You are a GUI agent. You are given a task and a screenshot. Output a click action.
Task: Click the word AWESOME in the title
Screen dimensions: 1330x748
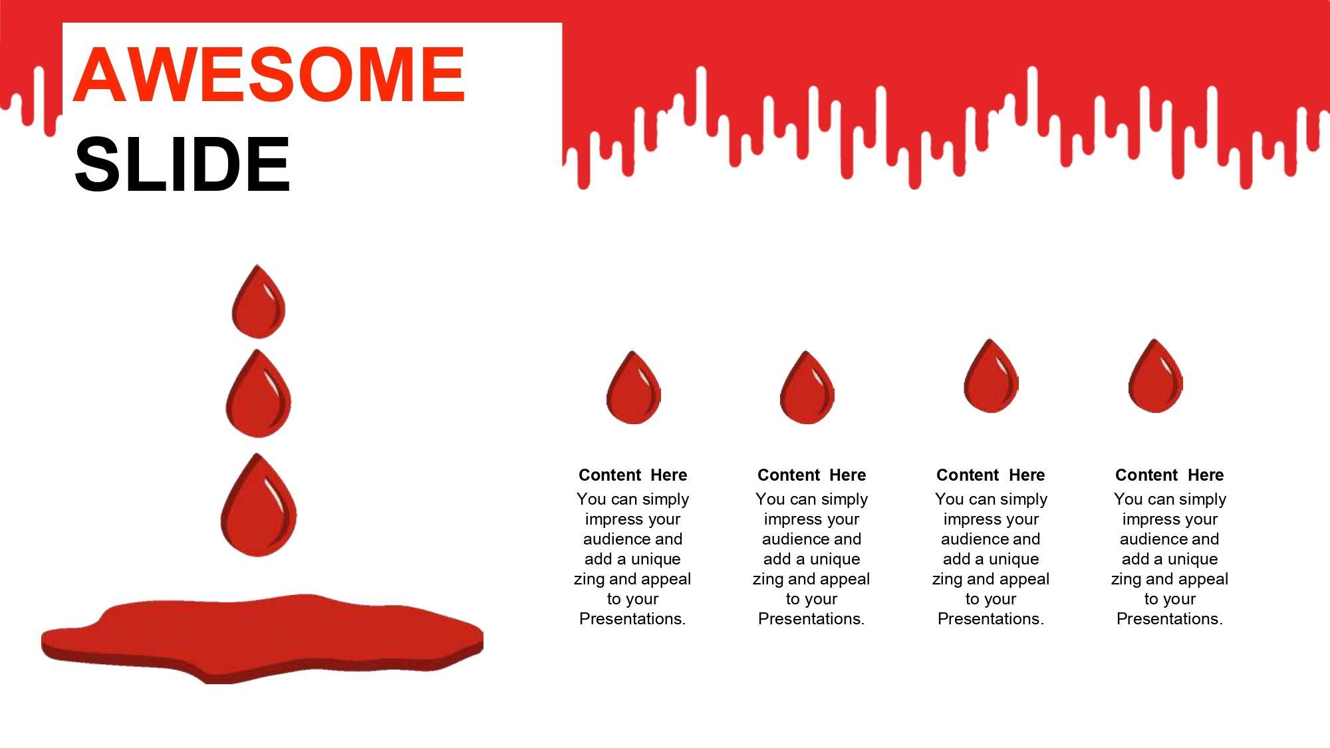pyautogui.click(x=269, y=74)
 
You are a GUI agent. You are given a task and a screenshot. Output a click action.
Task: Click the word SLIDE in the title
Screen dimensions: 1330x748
pyautogui.click(x=182, y=164)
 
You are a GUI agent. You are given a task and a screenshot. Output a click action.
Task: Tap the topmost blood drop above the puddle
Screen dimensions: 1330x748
pyautogui.click(x=259, y=301)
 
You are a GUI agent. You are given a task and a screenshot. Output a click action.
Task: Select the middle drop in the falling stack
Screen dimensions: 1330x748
pyautogui.click(x=259, y=393)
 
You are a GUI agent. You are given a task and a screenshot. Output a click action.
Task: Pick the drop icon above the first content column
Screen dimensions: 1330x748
pyautogui.click(x=634, y=388)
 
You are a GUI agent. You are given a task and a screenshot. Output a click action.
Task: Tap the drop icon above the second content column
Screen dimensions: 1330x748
pyautogui.click(x=807, y=388)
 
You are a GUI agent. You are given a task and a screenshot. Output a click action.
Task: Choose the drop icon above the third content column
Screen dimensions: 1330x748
pyautogui.click(x=992, y=376)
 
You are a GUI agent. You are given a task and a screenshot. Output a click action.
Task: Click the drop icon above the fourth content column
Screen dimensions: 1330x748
pyautogui.click(x=1156, y=376)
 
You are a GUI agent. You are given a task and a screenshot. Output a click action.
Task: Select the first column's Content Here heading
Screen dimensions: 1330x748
pyautogui.click(x=632, y=475)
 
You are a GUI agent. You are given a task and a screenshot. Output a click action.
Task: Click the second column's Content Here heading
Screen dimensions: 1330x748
pyautogui.click(x=811, y=475)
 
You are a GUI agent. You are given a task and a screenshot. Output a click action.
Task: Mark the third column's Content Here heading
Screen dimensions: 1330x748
pyautogui.click(x=990, y=475)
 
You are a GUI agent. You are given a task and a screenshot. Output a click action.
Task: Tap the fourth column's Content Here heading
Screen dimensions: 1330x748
pyautogui.click(x=1169, y=475)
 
